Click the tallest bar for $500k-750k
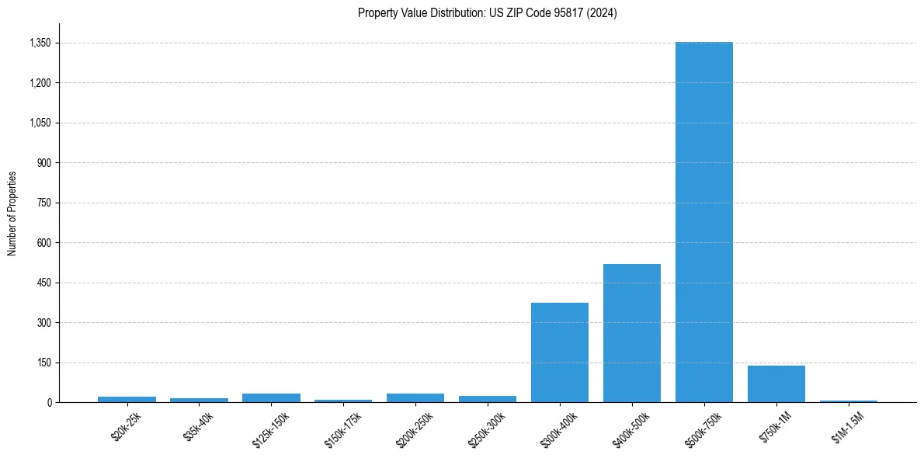click(703, 222)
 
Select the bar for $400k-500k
click(631, 333)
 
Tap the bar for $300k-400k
click(559, 352)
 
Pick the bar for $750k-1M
click(776, 383)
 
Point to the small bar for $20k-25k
click(127, 399)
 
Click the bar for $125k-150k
click(271, 397)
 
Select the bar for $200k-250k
click(415, 397)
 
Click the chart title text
click(487, 13)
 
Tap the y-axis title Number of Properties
click(12, 213)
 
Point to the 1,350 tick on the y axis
click(40, 43)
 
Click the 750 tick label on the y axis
click(43, 203)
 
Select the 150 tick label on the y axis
click(43, 363)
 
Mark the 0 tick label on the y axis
click(48, 403)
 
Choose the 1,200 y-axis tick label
click(40, 83)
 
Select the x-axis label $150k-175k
click(340, 429)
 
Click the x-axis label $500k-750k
click(702, 429)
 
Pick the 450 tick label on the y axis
click(43, 283)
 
